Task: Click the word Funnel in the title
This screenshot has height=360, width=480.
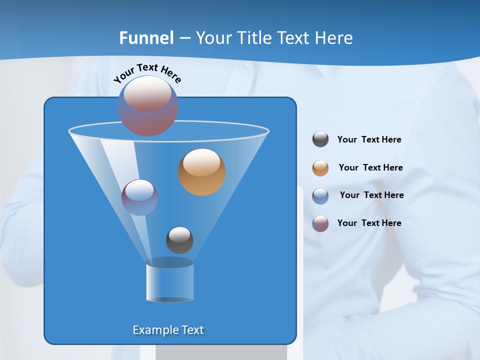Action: click(146, 38)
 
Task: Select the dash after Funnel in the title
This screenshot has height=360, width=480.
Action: click(184, 38)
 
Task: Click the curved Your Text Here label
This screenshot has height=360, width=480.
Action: click(147, 72)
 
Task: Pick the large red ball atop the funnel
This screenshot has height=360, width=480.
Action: click(148, 105)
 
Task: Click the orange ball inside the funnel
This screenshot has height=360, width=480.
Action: click(202, 172)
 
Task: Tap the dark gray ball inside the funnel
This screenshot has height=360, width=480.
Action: click(179, 240)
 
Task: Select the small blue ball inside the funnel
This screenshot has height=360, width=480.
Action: click(139, 197)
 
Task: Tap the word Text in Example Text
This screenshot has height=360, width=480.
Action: click(192, 330)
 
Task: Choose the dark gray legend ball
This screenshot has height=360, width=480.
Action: click(320, 139)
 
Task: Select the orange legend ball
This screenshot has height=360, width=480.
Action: click(320, 168)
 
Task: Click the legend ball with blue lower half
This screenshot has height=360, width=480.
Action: click(320, 195)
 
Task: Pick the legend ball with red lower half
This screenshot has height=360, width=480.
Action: click(320, 223)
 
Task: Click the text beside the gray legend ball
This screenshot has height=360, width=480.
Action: click(369, 139)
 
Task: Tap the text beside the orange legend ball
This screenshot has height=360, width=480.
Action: click(370, 167)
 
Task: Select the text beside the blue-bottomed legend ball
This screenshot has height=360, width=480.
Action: click(371, 195)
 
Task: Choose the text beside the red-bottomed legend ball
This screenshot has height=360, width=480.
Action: click(369, 223)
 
